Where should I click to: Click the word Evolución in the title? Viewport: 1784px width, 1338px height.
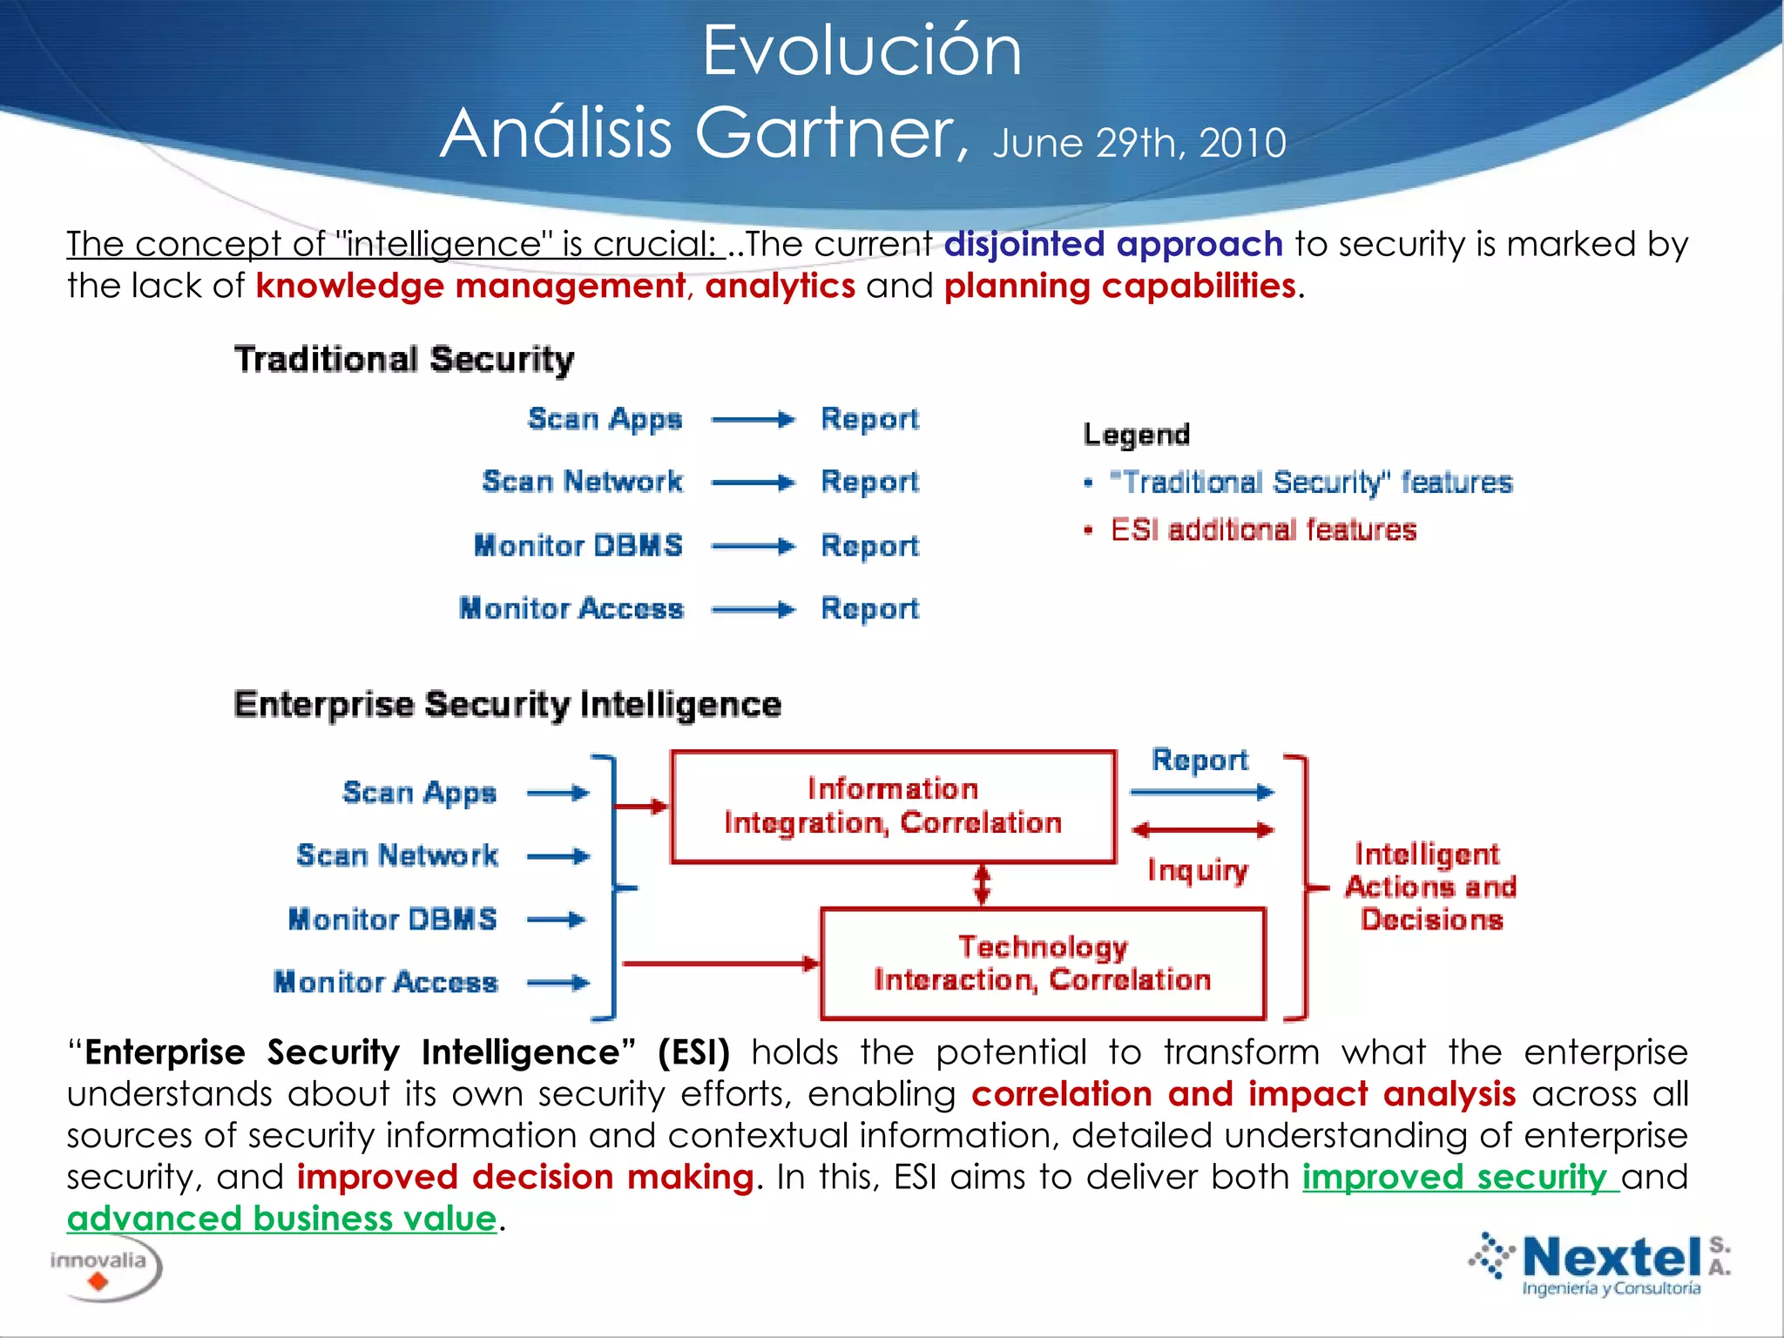tap(862, 52)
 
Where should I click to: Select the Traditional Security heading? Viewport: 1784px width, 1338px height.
tap(404, 360)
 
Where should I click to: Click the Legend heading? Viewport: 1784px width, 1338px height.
tap(1136, 435)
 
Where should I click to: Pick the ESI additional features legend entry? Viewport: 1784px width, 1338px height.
tap(1263, 530)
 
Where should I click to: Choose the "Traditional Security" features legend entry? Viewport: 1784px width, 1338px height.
tap(1311, 483)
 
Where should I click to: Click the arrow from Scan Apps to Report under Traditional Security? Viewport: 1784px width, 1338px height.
tap(753, 420)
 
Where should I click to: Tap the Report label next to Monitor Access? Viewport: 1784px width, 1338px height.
tap(869, 609)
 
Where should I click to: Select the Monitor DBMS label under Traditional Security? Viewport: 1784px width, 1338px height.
tap(578, 546)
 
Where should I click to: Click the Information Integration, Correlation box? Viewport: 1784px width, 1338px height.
tap(893, 807)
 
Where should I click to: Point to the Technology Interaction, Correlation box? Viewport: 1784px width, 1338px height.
tap(1042, 963)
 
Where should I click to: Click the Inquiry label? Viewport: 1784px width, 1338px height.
tap(1197, 870)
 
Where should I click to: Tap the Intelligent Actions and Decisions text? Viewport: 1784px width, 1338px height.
tap(1429, 887)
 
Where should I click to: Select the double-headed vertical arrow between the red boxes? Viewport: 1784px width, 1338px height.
tap(982, 885)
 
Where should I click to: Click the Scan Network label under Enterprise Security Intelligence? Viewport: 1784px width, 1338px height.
tap(397, 855)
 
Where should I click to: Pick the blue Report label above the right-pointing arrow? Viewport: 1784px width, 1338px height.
tap(1199, 760)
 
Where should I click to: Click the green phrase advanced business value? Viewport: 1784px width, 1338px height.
tap(281, 1219)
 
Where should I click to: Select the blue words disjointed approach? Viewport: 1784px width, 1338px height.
tap(1112, 245)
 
